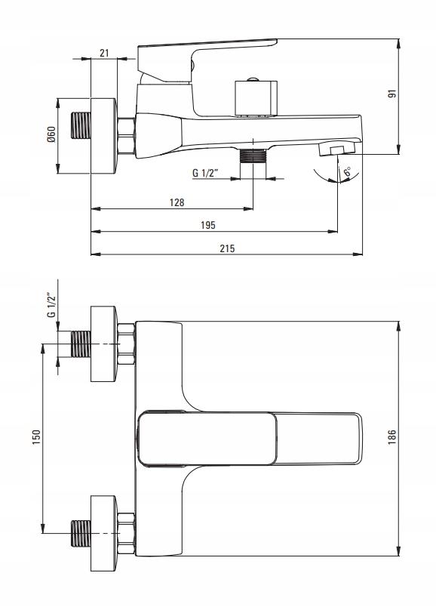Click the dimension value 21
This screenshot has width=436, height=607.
coord(104,53)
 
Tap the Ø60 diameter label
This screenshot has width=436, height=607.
coord(52,134)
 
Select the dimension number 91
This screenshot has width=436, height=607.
coord(392,94)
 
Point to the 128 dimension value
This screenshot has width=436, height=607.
coord(177,202)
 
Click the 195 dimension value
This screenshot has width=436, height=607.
coord(208,225)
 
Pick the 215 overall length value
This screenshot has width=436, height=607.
coord(227,248)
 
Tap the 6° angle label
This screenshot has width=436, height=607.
coord(347,171)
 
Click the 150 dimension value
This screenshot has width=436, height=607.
coord(36,437)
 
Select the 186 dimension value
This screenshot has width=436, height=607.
coord(392,436)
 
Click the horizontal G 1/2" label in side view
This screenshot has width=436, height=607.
coord(205,173)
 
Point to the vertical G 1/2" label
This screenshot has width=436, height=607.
coord(52,305)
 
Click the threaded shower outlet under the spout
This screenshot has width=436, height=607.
coord(253,156)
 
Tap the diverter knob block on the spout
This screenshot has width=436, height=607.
coord(256,98)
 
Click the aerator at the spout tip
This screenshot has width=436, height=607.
coord(336,149)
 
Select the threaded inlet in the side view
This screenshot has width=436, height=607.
coord(81,125)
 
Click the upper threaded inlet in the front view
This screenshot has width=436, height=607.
coord(81,344)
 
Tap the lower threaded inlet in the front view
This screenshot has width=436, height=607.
coord(81,533)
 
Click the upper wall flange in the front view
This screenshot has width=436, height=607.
coord(103,344)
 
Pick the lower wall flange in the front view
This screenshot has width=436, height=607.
coord(103,533)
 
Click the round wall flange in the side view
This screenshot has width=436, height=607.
coord(103,136)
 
